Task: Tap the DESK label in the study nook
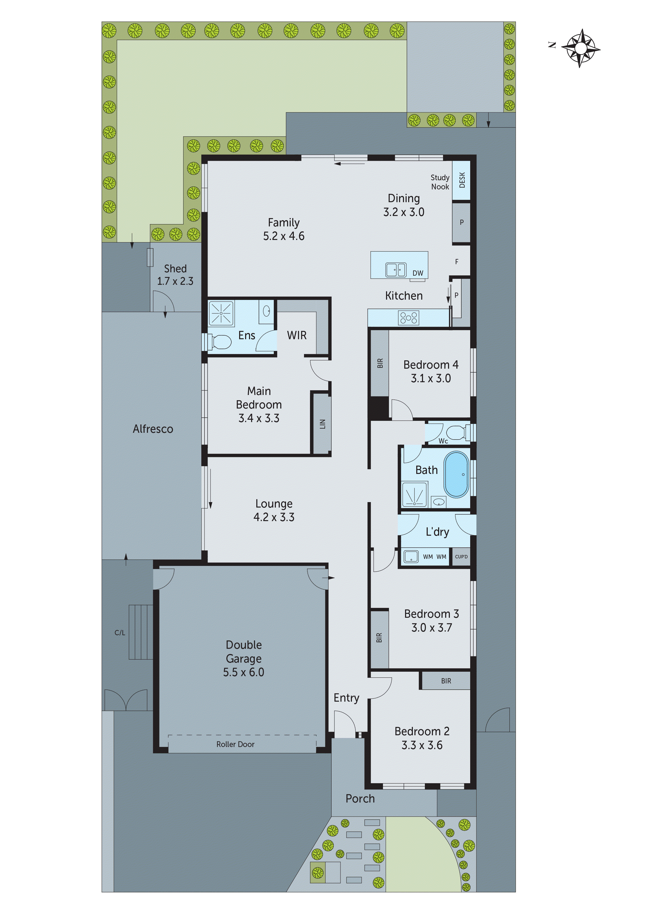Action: click(462, 180)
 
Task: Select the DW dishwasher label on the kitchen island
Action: click(418, 273)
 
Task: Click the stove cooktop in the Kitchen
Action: click(408, 318)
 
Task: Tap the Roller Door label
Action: click(235, 744)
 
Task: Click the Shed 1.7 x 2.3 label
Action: click(175, 275)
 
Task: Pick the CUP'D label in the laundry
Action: click(461, 557)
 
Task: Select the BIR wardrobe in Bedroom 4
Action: click(380, 363)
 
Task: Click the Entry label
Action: click(346, 698)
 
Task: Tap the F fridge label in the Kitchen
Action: click(457, 262)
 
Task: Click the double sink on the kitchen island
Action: click(396, 270)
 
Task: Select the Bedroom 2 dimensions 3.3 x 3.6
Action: click(422, 745)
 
